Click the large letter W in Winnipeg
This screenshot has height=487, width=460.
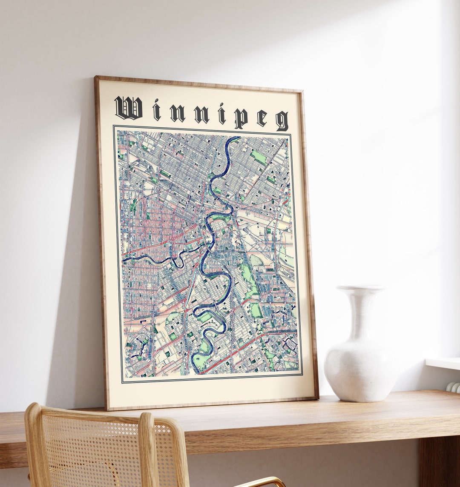tap(128, 109)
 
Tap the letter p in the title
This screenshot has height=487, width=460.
tap(240, 118)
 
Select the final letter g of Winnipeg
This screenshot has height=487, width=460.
tap(282, 121)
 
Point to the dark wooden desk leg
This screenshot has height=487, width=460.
tap(439, 462)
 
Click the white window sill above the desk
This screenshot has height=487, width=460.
tap(443, 364)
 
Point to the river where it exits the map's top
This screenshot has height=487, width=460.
tap(234, 139)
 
